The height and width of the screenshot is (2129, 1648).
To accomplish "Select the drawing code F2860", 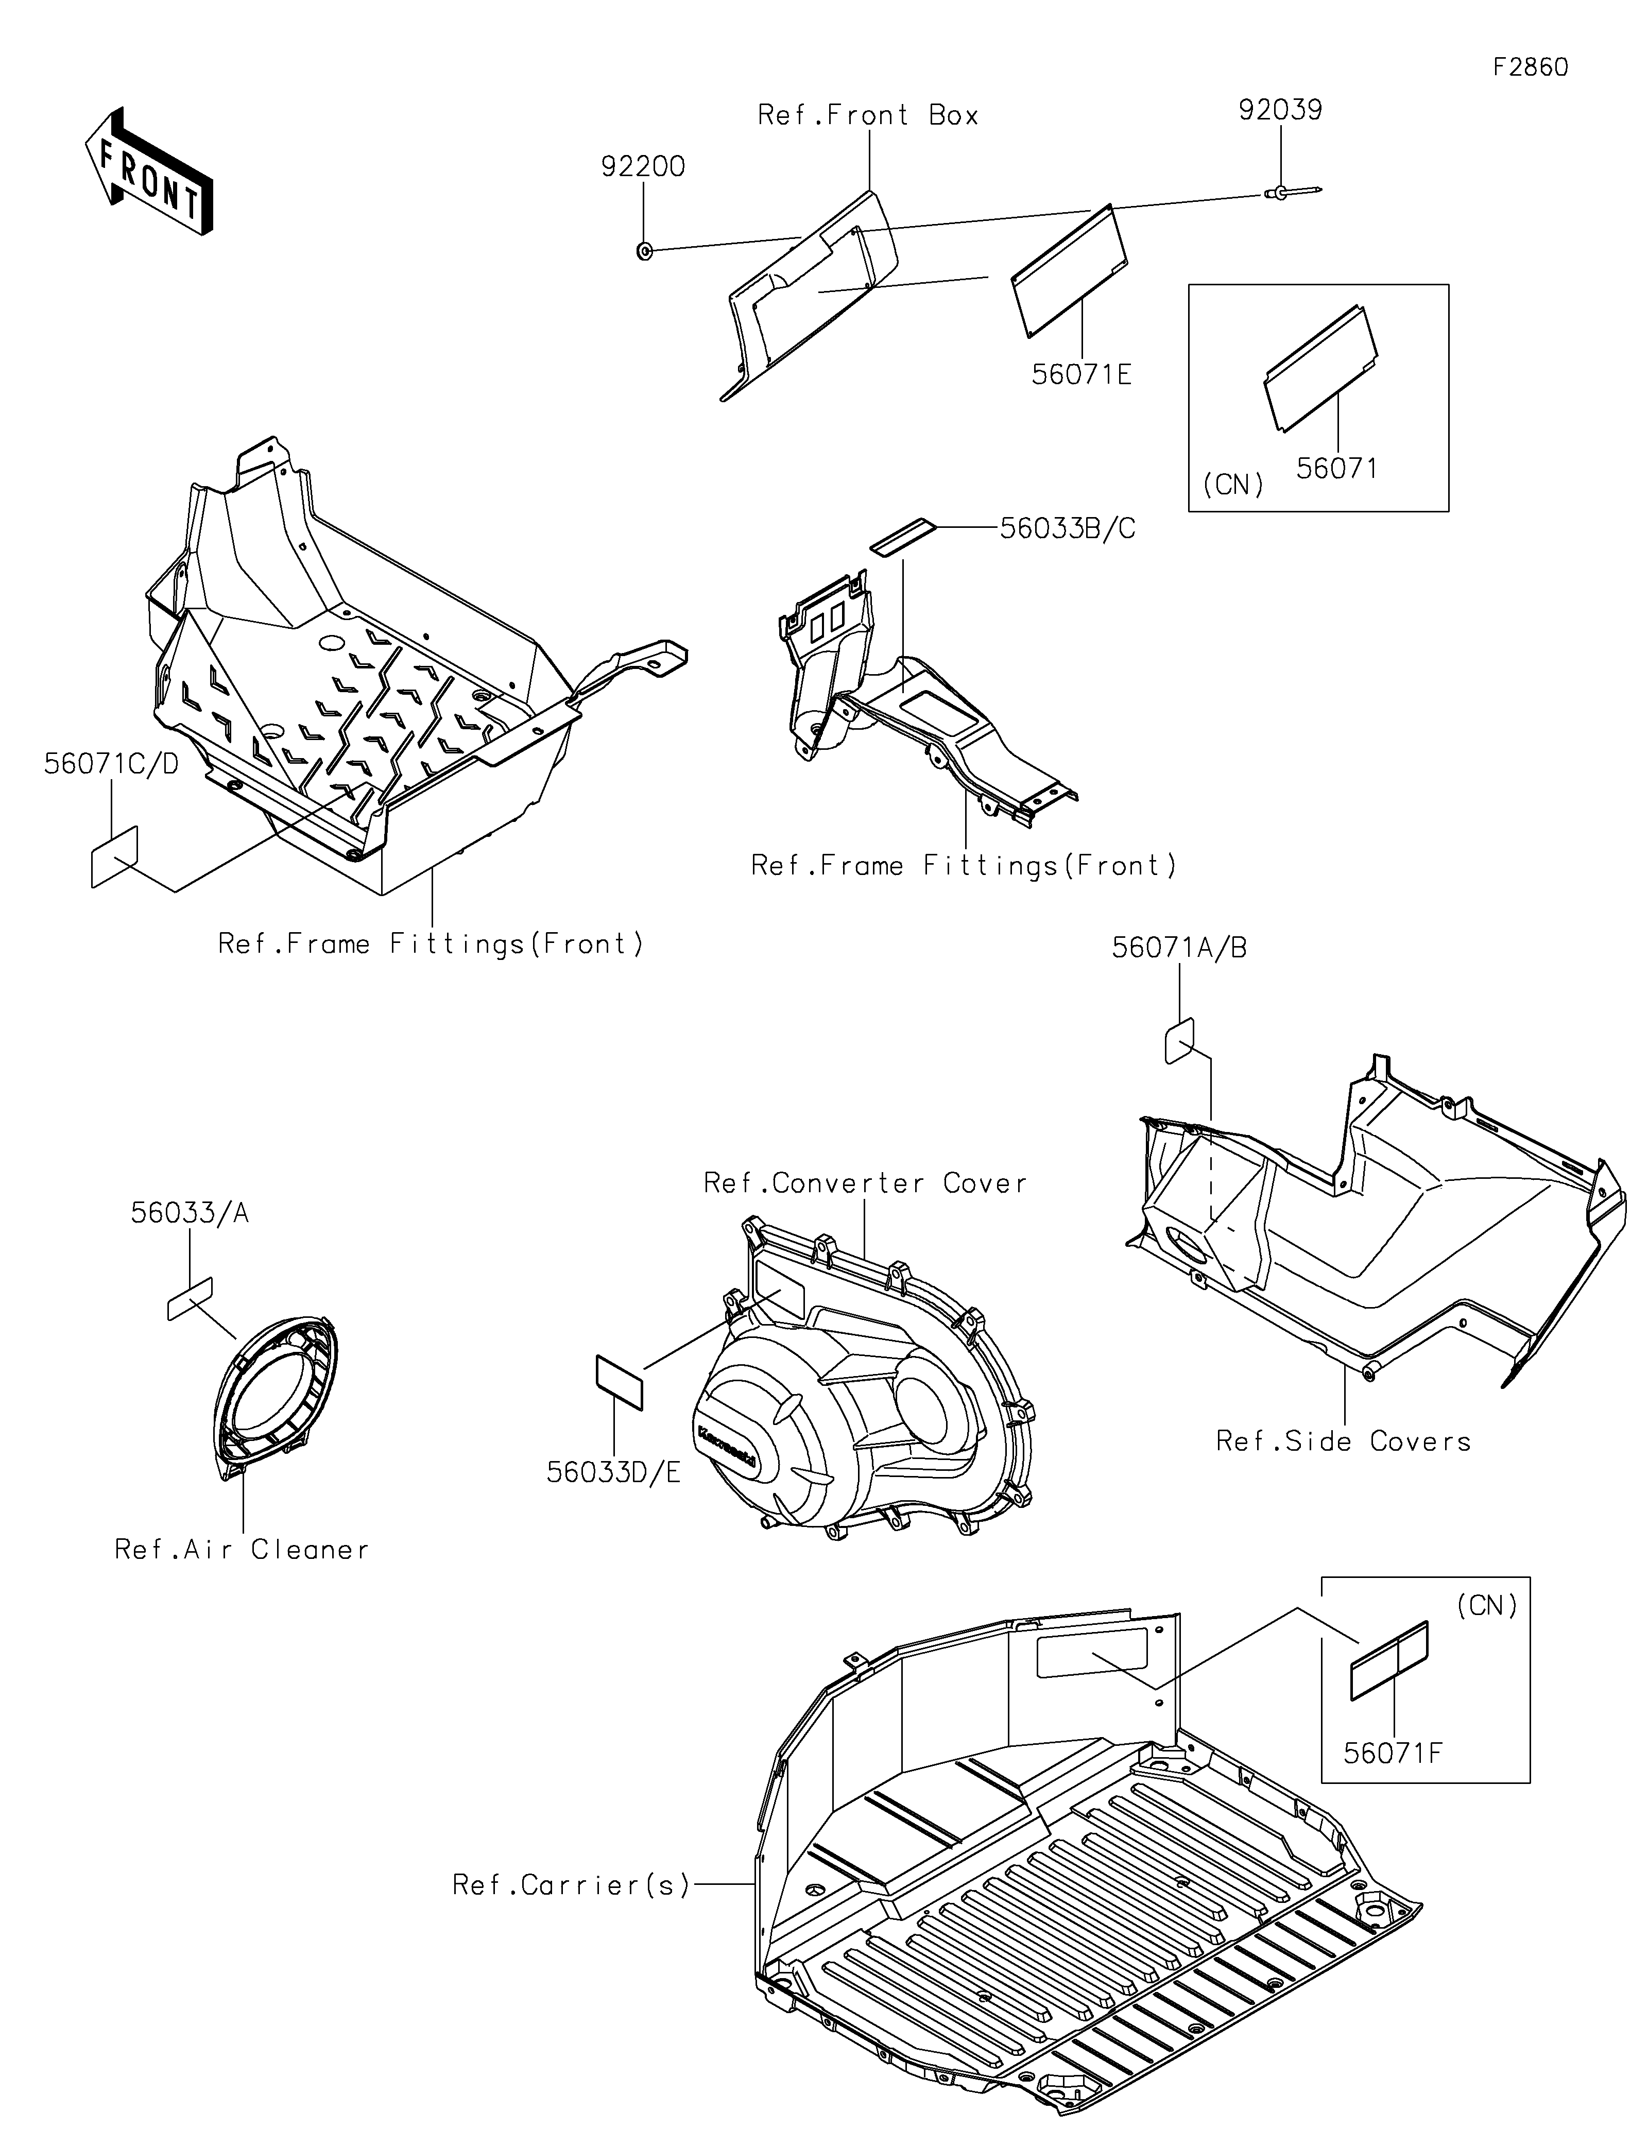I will (1530, 67).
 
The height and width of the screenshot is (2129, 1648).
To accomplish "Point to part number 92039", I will (1280, 110).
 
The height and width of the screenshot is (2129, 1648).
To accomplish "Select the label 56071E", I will (1082, 374).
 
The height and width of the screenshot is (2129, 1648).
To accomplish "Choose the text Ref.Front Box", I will (867, 115).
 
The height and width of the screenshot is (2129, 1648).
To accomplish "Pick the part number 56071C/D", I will (111, 764).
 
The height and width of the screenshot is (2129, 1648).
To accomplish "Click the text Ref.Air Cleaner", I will (242, 1550).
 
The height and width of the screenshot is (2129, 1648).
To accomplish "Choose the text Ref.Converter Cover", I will (865, 1183).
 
